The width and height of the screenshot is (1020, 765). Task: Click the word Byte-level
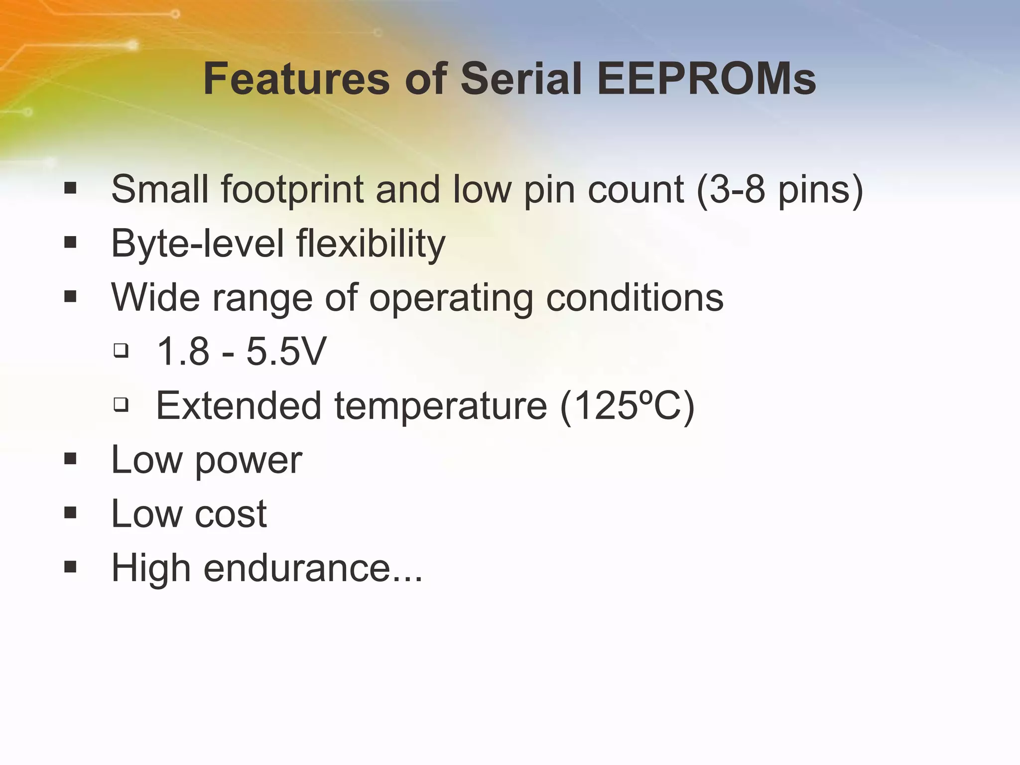click(x=197, y=244)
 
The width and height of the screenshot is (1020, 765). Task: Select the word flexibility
click(x=371, y=244)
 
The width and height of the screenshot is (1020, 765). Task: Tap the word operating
click(x=451, y=298)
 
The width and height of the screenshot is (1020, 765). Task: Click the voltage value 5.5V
click(x=286, y=352)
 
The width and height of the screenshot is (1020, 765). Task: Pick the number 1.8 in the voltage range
click(x=183, y=352)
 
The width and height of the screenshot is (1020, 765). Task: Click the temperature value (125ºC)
click(x=627, y=406)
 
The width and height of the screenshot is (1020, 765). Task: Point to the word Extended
click(x=239, y=406)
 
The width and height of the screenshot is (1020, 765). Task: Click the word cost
click(x=231, y=514)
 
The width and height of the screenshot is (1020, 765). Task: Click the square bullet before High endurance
click(x=70, y=566)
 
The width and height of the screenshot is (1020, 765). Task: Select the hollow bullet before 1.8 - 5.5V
click(x=121, y=351)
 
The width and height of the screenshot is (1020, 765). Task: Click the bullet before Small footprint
click(x=70, y=188)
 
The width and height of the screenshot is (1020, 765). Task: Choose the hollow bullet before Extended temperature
click(x=121, y=404)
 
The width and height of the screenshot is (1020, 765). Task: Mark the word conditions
click(x=635, y=298)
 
